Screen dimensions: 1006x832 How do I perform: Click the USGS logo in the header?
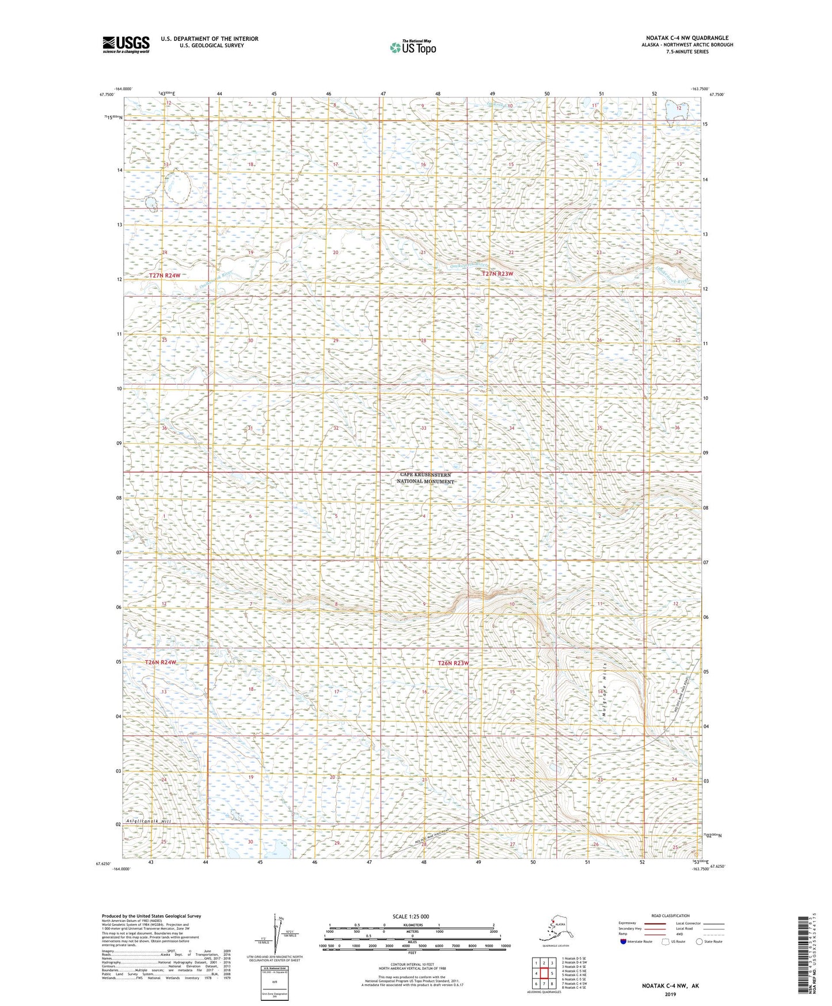[x=126, y=44]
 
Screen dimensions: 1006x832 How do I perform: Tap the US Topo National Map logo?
[x=412, y=47]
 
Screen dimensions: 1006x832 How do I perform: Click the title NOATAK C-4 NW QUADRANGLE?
[x=687, y=38]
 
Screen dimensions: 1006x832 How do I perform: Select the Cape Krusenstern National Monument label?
[x=426, y=478]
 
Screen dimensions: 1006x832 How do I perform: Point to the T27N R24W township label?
[x=165, y=276]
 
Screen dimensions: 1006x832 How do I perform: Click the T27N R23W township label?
[x=497, y=274]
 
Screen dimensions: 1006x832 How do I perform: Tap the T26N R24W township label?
[x=161, y=663]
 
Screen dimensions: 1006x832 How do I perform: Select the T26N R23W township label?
[x=453, y=663]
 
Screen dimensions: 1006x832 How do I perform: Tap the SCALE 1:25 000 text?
[x=411, y=916]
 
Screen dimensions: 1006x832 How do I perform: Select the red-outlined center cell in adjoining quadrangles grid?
[x=544, y=974]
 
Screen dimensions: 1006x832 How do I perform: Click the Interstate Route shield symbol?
[x=623, y=942]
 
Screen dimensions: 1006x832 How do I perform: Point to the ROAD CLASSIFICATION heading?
[x=670, y=916]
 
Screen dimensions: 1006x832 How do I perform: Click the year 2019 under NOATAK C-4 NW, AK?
[x=670, y=994]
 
